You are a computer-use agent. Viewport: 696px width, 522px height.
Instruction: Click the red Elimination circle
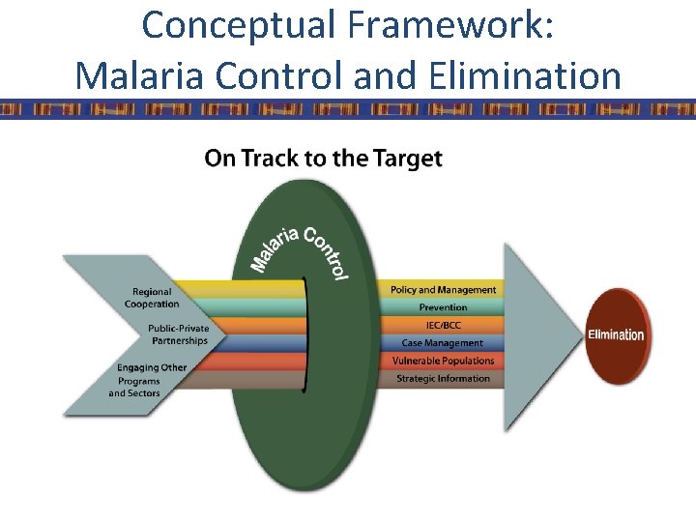pos(616,336)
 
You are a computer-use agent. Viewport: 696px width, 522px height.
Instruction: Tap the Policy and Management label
pos(444,290)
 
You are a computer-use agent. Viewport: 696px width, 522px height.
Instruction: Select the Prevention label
pos(444,307)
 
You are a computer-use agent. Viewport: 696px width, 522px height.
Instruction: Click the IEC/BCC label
pos(444,325)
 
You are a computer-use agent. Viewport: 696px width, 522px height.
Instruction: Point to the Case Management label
pos(444,343)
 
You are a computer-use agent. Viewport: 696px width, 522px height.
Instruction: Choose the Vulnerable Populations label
pos(444,361)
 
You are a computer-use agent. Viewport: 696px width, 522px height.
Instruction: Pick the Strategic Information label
pos(444,378)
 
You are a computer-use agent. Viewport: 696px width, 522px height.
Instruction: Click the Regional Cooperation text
pos(152,298)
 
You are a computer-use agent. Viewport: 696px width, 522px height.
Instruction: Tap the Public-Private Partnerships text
pos(178,334)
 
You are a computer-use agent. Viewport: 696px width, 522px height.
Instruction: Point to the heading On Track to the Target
pos(324,159)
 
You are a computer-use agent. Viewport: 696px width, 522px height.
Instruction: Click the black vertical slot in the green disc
pos(305,334)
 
